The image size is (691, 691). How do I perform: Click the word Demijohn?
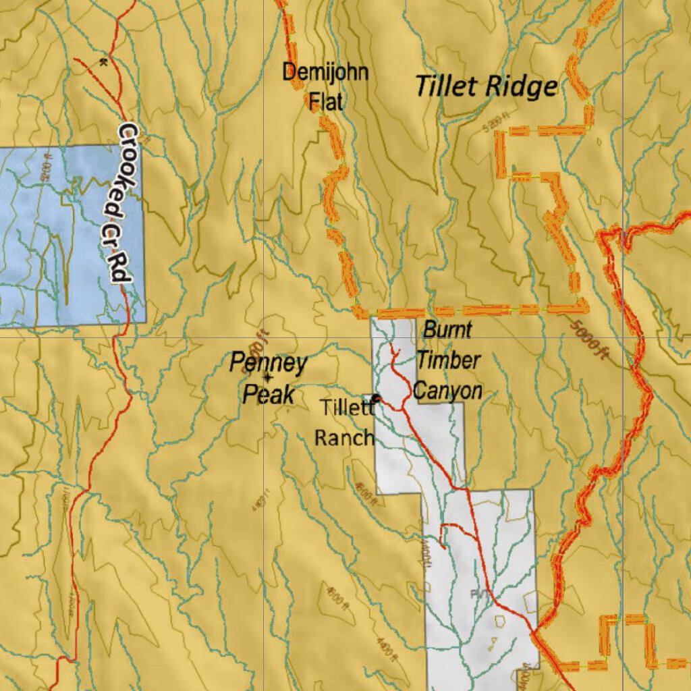pyautogui.click(x=325, y=72)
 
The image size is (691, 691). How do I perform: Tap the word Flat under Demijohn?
pyautogui.click(x=326, y=102)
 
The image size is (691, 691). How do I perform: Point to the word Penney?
pyautogui.click(x=268, y=363)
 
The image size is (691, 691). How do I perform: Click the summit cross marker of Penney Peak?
pyautogui.click(x=268, y=379)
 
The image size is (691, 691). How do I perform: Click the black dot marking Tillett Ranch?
pyautogui.click(x=377, y=399)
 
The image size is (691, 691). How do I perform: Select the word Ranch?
pyautogui.click(x=344, y=437)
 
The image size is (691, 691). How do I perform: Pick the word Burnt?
pyautogui.click(x=447, y=331)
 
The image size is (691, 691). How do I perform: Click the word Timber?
pyautogui.click(x=448, y=360)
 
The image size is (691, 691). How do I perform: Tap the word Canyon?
pyautogui.click(x=447, y=391)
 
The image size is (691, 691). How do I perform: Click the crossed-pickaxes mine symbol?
pyautogui.click(x=103, y=62)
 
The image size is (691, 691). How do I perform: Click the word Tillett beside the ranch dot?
pyautogui.click(x=346, y=408)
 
